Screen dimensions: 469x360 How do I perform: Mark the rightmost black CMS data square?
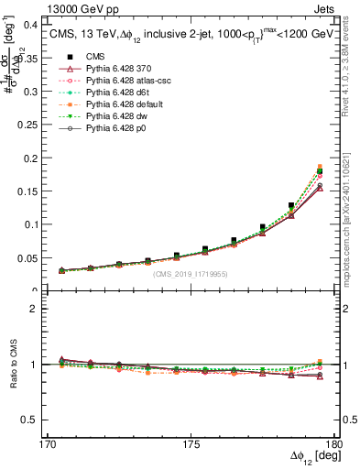click(320, 169)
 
